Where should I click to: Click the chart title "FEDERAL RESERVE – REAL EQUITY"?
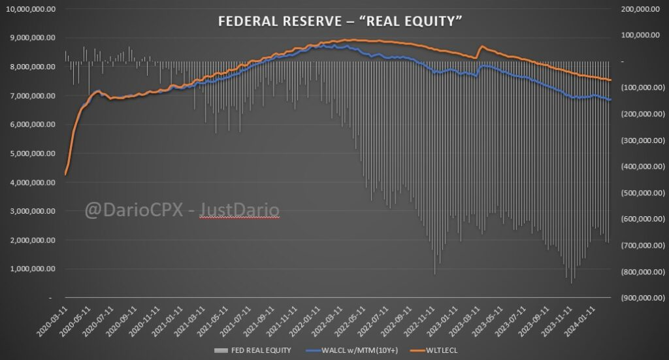coord(340,22)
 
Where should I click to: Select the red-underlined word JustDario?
coord(239,211)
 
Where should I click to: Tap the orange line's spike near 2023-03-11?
coord(481,46)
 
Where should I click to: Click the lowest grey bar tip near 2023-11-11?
coord(572,282)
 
